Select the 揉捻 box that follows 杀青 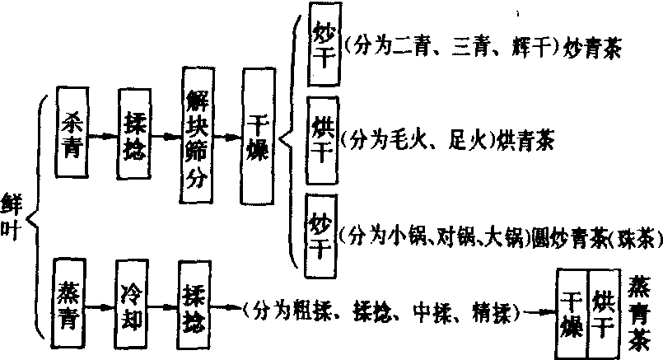[x=133, y=132]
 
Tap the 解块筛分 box [x=198, y=138]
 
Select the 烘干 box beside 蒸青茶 [x=604, y=313]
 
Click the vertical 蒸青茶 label [x=640, y=313]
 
